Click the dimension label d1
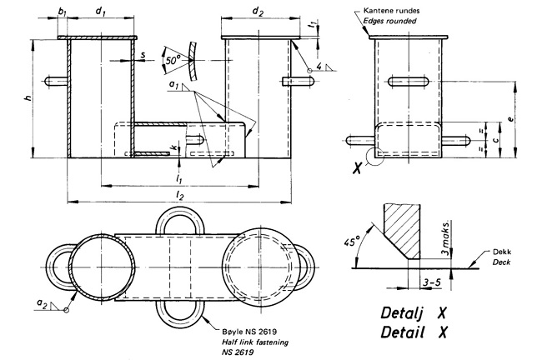pos(100,12)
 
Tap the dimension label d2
pos(257,12)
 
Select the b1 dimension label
pos(63,12)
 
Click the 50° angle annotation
pos(172,61)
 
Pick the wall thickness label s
pos(143,55)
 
